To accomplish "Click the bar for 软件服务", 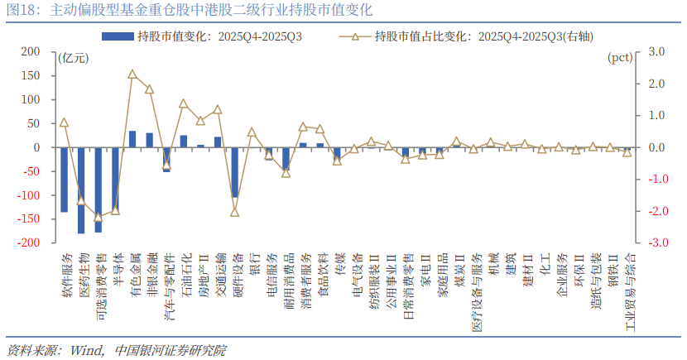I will [65, 179].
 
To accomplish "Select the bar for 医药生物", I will [81, 190].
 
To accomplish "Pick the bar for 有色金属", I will [132, 139].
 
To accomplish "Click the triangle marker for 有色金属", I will [132, 74].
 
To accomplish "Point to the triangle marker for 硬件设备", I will [235, 212].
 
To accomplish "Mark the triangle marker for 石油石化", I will [184, 103].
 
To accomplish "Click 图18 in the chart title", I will [22, 11].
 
